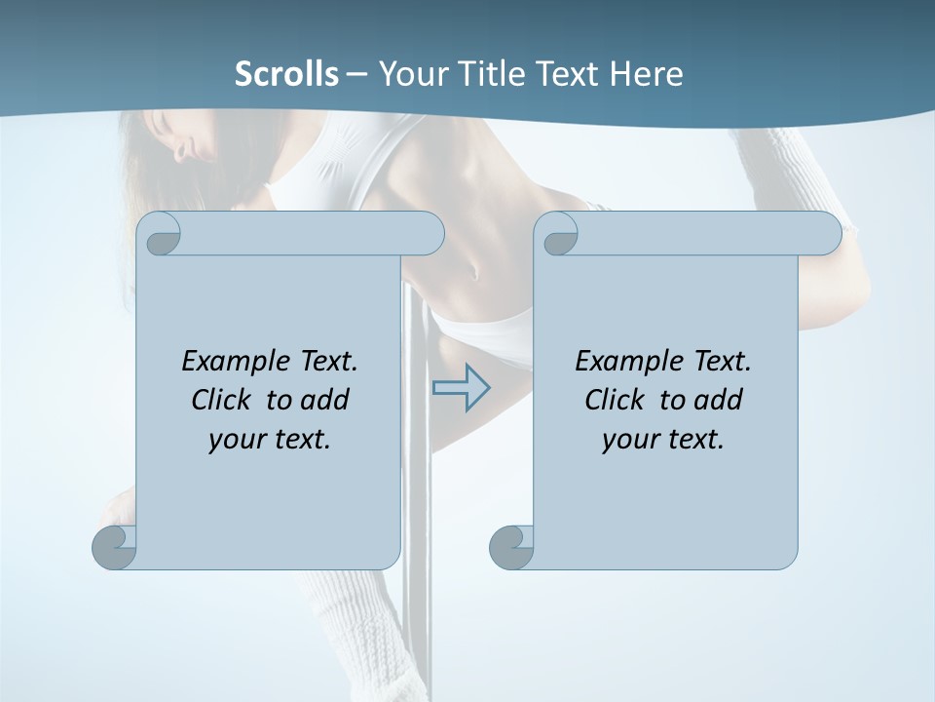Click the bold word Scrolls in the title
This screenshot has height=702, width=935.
(286, 74)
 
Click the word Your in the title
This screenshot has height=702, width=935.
(412, 74)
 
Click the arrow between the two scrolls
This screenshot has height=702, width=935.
(462, 388)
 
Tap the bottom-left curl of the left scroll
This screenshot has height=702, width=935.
(115, 546)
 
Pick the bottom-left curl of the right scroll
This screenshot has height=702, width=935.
(512, 546)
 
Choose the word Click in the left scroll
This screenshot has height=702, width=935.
(224, 400)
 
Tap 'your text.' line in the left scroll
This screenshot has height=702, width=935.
(270, 439)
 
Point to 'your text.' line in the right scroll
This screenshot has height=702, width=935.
(663, 439)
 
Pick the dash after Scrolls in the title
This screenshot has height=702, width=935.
(356, 74)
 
